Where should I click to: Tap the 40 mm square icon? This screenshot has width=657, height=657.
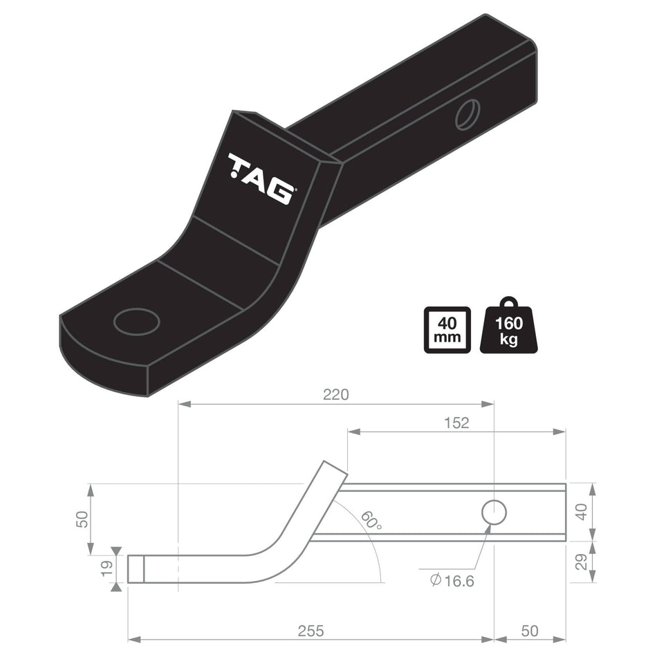(x=447, y=330)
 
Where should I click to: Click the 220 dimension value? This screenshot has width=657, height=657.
(x=336, y=395)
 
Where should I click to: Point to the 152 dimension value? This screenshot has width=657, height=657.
(x=456, y=423)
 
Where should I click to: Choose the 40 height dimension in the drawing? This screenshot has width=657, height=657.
(x=582, y=512)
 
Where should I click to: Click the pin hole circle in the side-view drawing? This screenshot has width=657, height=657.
(x=494, y=512)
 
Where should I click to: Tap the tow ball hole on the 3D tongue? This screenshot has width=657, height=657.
(x=136, y=322)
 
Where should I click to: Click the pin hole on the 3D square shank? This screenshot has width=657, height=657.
(x=468, y=114)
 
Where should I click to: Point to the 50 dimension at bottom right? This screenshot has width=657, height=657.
(x=529, y=631)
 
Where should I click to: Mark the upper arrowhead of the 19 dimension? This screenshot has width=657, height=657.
(x=115, y=551)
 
